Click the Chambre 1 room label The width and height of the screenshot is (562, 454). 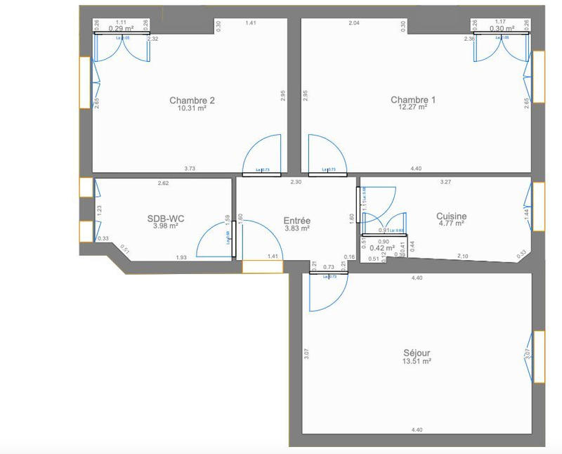(413, 100)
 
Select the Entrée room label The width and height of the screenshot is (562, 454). (297, 221)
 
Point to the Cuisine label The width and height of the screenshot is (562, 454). (451, 216)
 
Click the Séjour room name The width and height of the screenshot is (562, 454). (417, 353)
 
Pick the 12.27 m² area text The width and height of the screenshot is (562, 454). (413, 108)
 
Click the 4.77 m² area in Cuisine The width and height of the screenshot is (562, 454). (451, 224)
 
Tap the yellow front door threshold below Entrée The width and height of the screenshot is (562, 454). (263, 266)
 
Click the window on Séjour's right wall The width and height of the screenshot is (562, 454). (539, 357)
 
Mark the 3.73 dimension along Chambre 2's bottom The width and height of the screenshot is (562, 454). (190, 169)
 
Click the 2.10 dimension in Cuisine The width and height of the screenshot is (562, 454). (463, 256)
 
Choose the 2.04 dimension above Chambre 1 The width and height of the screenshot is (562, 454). (354, 24)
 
